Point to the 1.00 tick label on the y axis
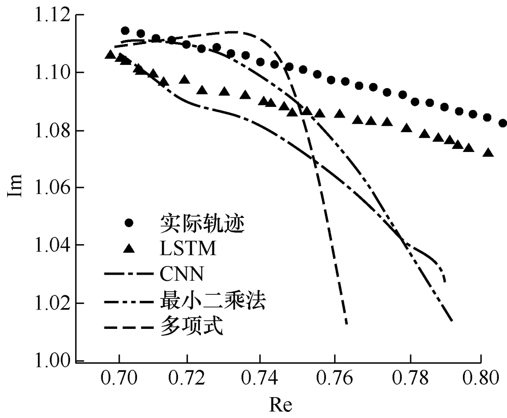tap(52, 361)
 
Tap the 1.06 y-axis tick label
tap(52, 188)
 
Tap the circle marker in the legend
tap(129, 223)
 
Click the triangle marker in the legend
tap(129, 248)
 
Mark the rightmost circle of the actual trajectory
tap(503, 123)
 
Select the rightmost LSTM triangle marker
tap(488, 152)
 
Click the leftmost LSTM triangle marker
tap(110, 54)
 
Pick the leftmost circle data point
tap(125, 31)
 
